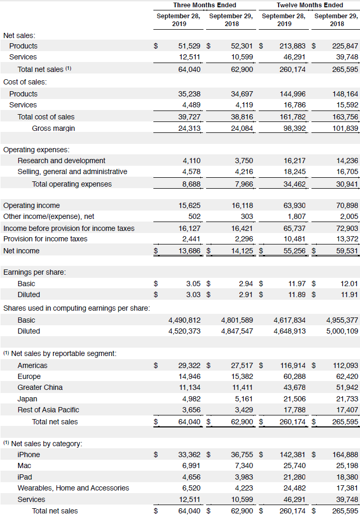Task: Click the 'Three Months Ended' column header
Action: (x=205, y=5)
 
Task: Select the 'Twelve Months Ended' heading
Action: (x=309, y=5)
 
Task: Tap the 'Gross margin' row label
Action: (x=53, y=128)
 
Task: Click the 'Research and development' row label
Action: (x=61, y=161)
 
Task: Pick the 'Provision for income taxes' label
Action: (x=45, y=239)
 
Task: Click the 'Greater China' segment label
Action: (x=40, y=387)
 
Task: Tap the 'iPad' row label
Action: (x=25, y=477)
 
